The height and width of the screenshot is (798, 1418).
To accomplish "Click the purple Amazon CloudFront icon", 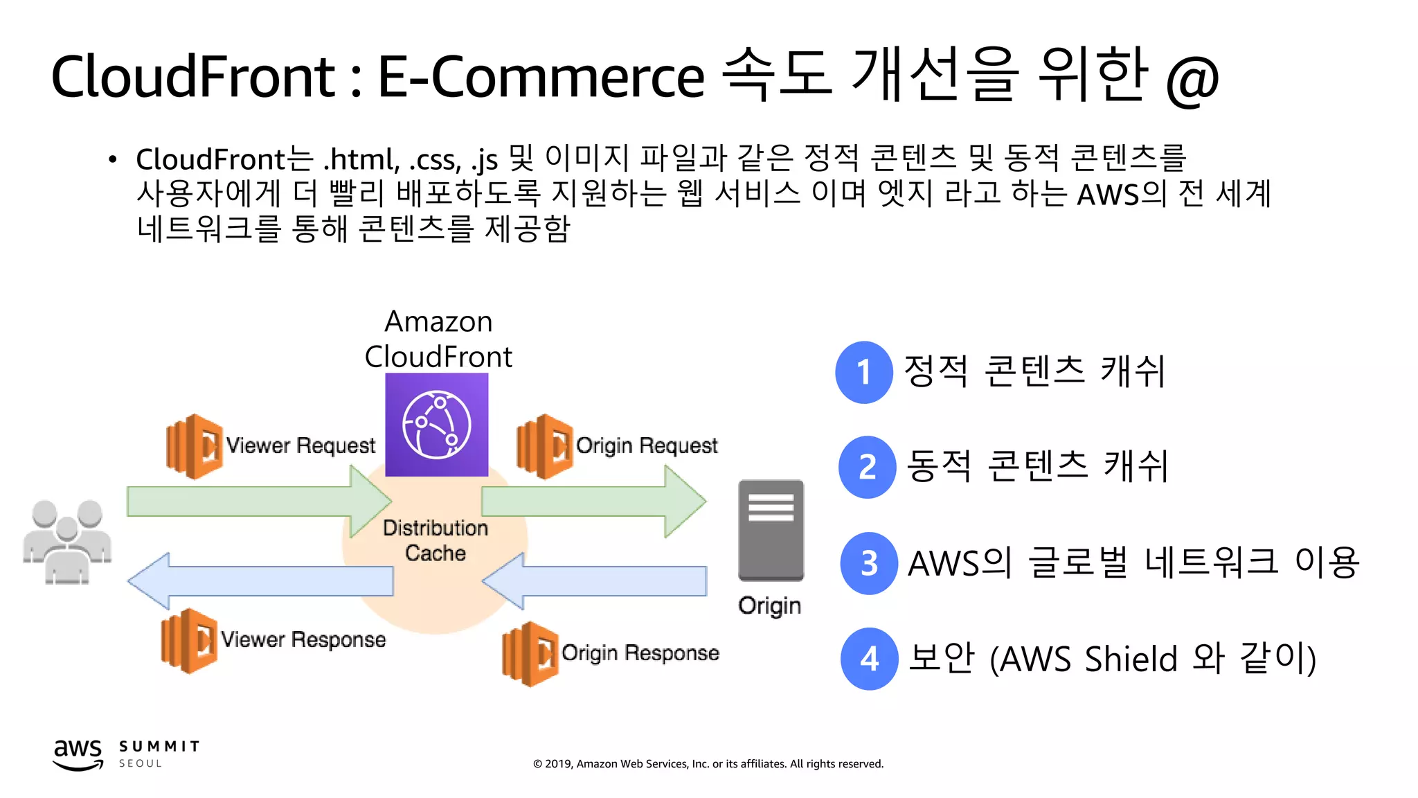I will tap(436, 425).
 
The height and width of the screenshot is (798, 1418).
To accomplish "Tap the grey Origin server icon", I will tap(771, 530).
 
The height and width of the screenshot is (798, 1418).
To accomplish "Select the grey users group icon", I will tap(67, 542).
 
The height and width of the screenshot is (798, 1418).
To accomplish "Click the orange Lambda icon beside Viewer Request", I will tap(195, 447).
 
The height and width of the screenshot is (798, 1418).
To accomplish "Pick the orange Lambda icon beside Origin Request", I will tap(545, 447).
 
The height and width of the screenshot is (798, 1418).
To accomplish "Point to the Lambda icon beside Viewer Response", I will tap(189, 641).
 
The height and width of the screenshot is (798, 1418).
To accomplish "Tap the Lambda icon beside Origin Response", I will tap(530, 654).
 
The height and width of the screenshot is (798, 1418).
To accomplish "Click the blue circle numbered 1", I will tap(863, 373).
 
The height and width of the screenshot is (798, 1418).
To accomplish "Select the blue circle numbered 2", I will tap(867, 468).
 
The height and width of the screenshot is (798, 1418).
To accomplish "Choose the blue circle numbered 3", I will tap(869, 563).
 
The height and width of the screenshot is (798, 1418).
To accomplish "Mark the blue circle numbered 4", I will tap(869, 659).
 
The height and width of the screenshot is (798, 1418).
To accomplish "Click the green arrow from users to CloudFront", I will tap(259, 502).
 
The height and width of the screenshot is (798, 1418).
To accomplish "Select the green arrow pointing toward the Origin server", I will tap(593, 502).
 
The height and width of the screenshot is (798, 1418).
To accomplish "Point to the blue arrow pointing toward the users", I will tap(260, 580).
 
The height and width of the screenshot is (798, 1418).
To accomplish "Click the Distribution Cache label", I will tap(436, 540).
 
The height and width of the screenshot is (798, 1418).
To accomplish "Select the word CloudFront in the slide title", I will tap(193, 76).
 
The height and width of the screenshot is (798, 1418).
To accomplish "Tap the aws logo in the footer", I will tap(78, 754).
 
